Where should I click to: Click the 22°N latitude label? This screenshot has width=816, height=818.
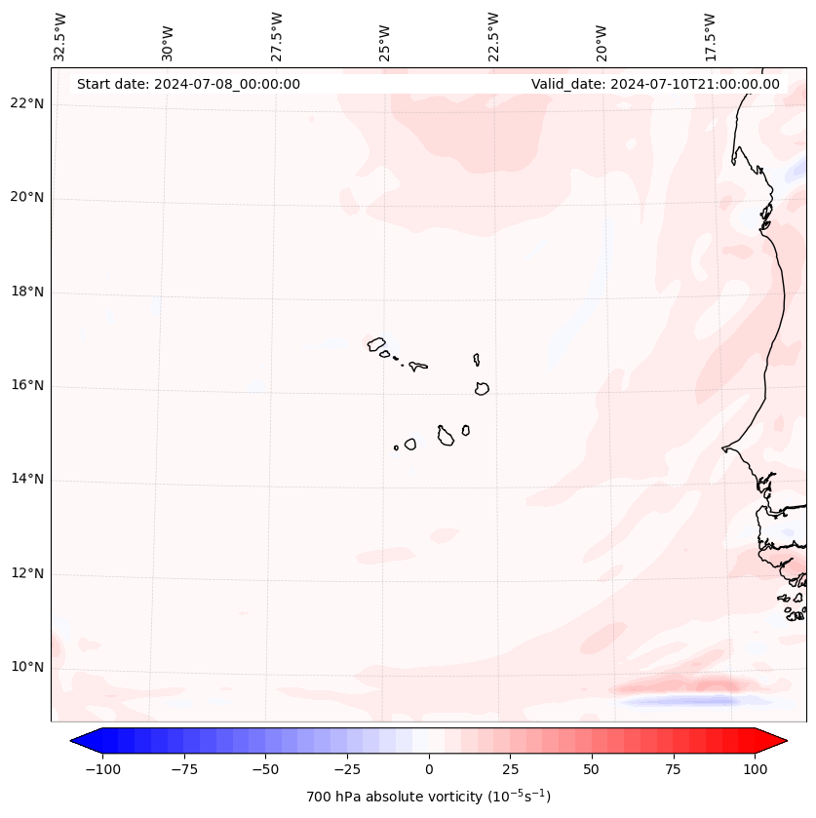[x=27, y=103]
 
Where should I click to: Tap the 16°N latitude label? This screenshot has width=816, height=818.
[x=27, y=385]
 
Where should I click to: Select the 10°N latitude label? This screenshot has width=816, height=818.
[x=27, y=667]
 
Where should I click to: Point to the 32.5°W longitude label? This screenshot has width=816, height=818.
[x=60, y=36]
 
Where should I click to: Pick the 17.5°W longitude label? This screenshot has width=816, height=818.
[x=710, y=36]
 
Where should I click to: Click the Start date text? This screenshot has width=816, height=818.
[x=188, y=84]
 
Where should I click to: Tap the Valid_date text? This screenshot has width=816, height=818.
[x=655, y=84]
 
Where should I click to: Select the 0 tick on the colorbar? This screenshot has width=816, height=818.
[x=429, y=769]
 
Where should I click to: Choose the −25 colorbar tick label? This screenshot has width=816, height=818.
[x=347, y=769]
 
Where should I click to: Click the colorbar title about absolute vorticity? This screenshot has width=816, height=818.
[x=429, y=797]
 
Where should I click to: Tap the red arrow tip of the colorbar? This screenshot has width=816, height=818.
[x=780, y=741]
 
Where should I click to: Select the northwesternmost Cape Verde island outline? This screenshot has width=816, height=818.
[x=376, y=343]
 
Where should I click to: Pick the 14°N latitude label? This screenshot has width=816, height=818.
[x=27, y=479]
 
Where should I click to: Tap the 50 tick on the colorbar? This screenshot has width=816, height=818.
[x=592, y=769]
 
